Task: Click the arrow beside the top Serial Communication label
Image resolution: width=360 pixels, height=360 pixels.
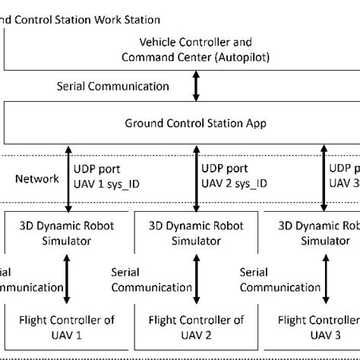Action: coord(197,86)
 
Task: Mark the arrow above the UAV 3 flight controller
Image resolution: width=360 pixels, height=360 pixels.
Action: coord(323,280)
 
